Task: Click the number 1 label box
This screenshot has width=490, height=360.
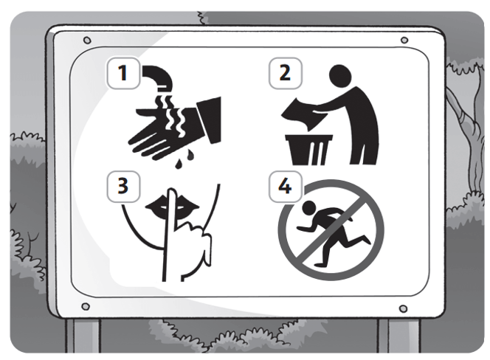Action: [x=123, y=73]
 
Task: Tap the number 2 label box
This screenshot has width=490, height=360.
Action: [x=286, y=73]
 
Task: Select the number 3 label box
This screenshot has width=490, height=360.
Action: [x=123, y=187]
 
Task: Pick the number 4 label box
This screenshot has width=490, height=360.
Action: [x=286, y=187]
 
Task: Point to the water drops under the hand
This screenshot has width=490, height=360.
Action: [x=184, y=159]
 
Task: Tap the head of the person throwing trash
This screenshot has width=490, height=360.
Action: [x=340, y=76]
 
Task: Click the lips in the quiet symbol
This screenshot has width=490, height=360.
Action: [x=173, y=204]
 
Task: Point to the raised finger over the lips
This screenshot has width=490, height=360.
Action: [x=171, y=235]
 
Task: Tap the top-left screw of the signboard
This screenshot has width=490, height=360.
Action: [x=88, y=41]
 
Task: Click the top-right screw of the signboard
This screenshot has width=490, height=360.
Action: [x=404, y=41]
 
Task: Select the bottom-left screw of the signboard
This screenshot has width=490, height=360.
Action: [x=86, y=307]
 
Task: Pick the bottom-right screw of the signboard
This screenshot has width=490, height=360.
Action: [x=404, y=309]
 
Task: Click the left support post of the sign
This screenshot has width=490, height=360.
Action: [x=83, y=336]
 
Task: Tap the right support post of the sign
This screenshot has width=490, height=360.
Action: [x=398, y=336]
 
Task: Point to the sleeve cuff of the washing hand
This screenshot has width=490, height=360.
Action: [x=209, y=120]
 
